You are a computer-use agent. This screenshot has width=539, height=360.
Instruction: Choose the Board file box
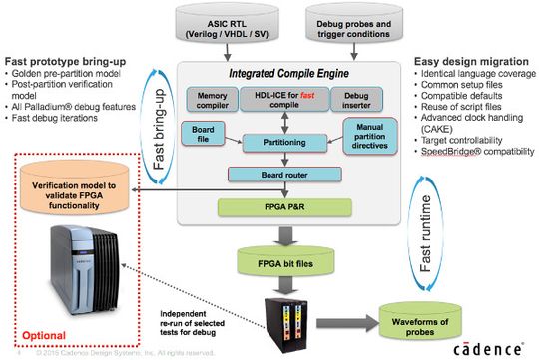tap(200, 132)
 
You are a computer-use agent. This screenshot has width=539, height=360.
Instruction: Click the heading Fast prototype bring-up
tap(61, 60)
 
